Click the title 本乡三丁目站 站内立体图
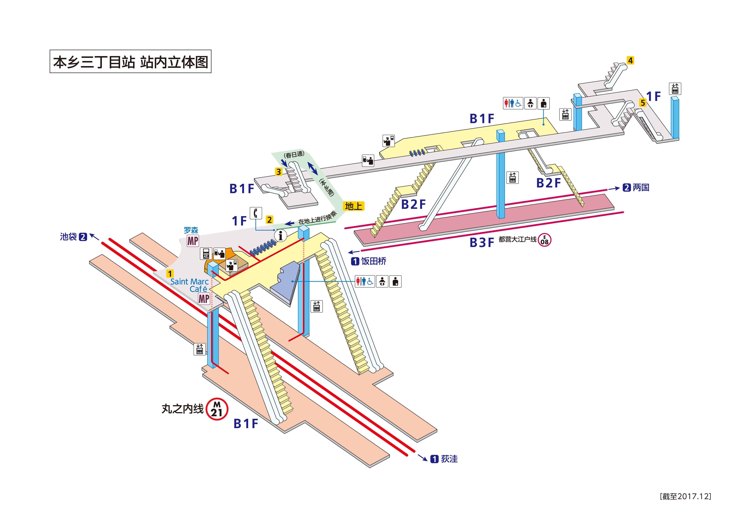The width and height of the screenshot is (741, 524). pyautogui.click(x=130, y=62)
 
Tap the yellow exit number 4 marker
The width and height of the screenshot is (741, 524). pyautogui.click(x=630, y=60)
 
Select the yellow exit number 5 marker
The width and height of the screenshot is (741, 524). pyautogui.click(x=643, y=103)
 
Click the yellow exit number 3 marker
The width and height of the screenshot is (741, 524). pyautogui.click(x=279, y=172)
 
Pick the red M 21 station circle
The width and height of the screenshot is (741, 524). pyautogui.click(x=217, y=409)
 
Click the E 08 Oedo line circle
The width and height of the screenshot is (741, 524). pyautogui.click(x=544, y=240)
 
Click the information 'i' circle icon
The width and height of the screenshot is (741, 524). pyautogui.click(x=280, y=235)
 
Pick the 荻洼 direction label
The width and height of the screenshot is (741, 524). pyautogui.click(x=449, y=459)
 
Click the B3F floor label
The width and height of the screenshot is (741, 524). pyautogui.click(x=481, y=242)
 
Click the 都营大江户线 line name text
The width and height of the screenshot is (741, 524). pyautogui.click(x=517, y=239)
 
